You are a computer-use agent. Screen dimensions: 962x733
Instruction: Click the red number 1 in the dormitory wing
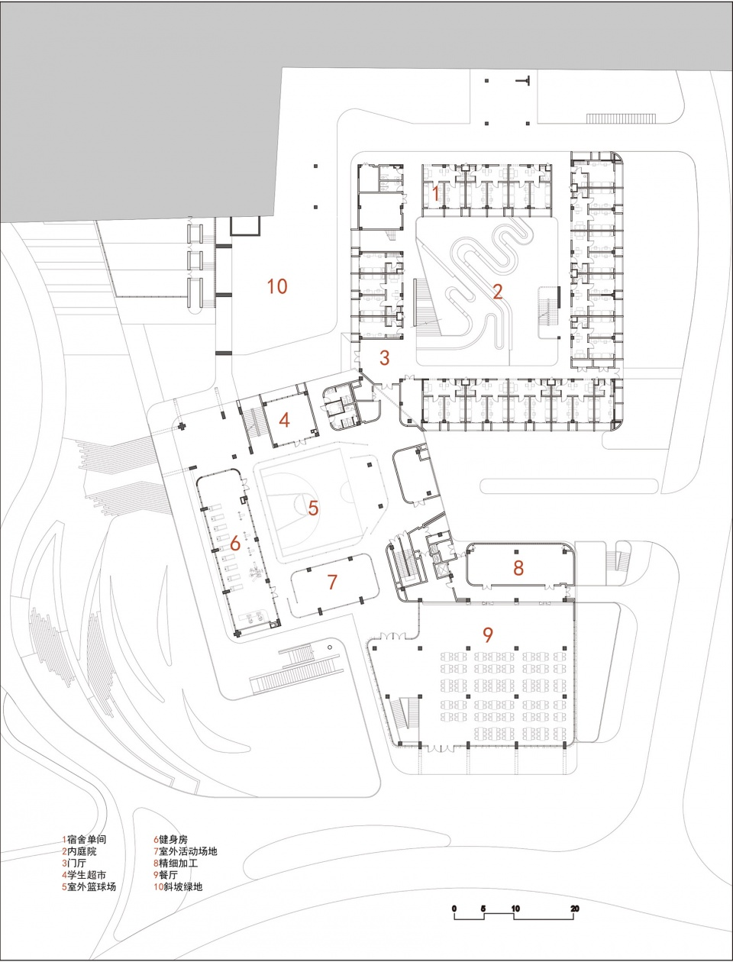point(436,193)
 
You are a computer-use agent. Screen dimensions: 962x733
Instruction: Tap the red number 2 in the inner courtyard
point(498,291)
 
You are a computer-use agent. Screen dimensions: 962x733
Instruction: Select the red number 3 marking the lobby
point(385,357)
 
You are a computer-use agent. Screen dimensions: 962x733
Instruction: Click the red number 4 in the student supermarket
point(284,420)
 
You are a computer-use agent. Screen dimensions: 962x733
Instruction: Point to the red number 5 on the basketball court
point(313,507)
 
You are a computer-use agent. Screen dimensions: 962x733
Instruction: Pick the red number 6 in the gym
point(235,544)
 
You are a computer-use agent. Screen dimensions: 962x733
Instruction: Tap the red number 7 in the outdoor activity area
point(332,583)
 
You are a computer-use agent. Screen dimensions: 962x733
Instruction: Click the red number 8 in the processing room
point(518,567)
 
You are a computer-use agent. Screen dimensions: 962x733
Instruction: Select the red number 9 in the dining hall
point(488,634)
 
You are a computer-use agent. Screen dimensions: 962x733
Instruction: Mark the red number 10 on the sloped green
point(277,286)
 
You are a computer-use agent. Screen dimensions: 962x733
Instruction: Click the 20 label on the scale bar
point(575,909)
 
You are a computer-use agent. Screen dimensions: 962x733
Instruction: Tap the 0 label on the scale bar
point(454,909)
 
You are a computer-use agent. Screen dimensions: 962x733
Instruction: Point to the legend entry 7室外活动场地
point(186,851)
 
